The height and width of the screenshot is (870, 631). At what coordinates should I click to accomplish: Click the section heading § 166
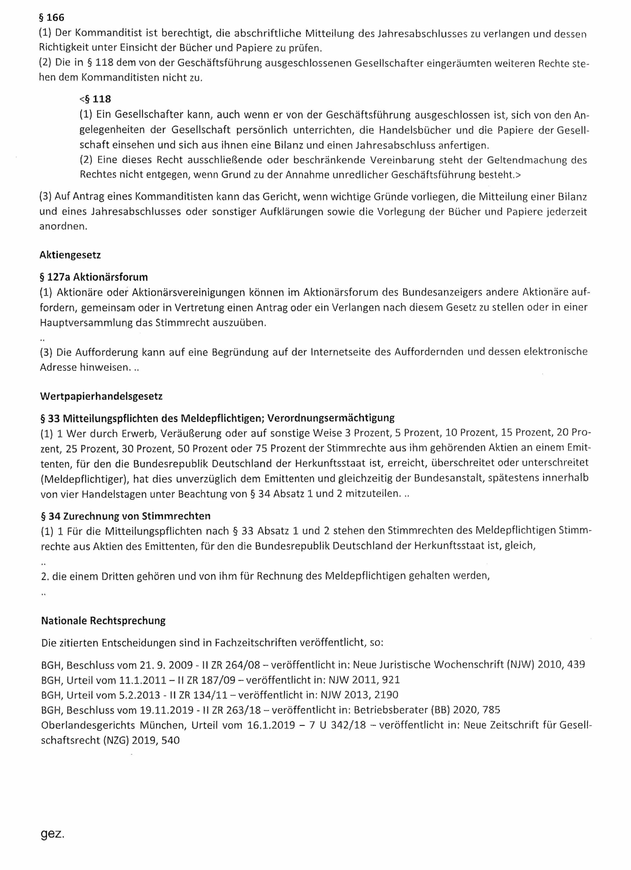click(52, 18)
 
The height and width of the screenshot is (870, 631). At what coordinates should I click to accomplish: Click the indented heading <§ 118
click(95, 99)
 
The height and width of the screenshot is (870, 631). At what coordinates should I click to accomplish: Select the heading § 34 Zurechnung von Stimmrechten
click(126, 516)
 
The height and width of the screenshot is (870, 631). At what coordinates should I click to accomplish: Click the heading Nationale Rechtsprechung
click(103, 620)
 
